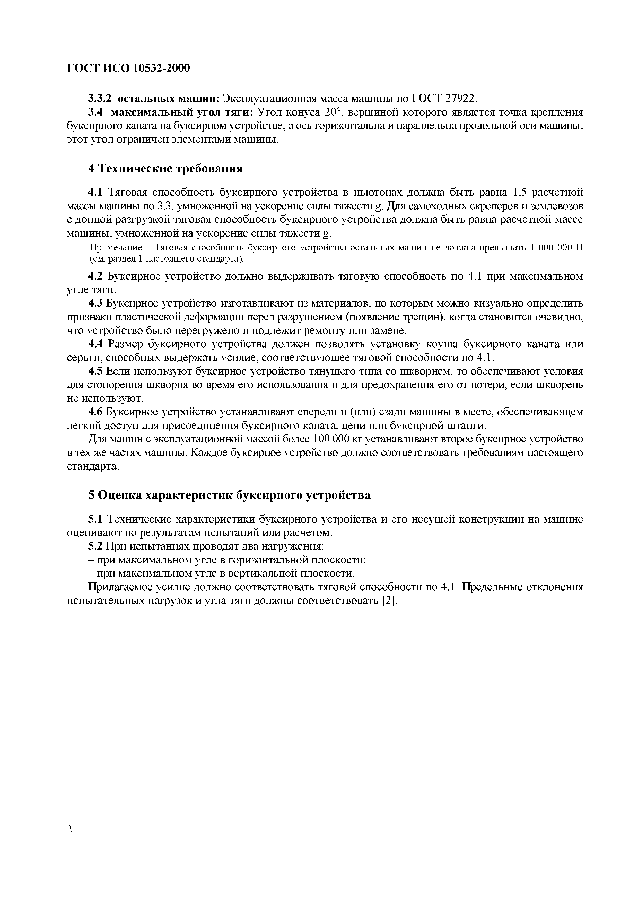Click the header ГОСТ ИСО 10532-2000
pyautogui.click(x=128, y=68)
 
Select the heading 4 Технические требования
pyautogui.click(x=165, y=168)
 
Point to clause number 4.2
pyautogui.click(x=95, y=276)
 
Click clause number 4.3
pyautogui.click(x=95, y=304)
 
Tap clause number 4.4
pyautogui.click(x=95, y=344)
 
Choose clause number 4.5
pyautogui.click(x=95, y=372)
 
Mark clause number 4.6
pyautogui.click(x=95, y=412)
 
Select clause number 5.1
pyautogui.click(x=95, y=519)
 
